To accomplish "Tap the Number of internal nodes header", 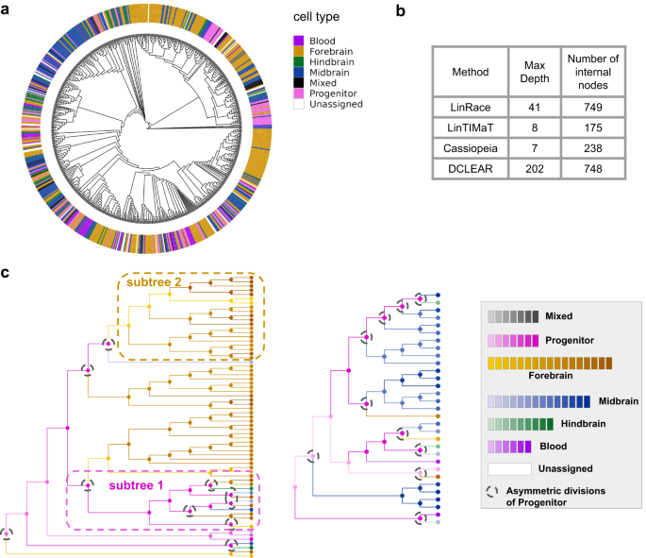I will point(592,69).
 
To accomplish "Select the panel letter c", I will point(7,273).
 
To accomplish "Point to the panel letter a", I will point(8,10).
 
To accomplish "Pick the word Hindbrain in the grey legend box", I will point(566,425).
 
